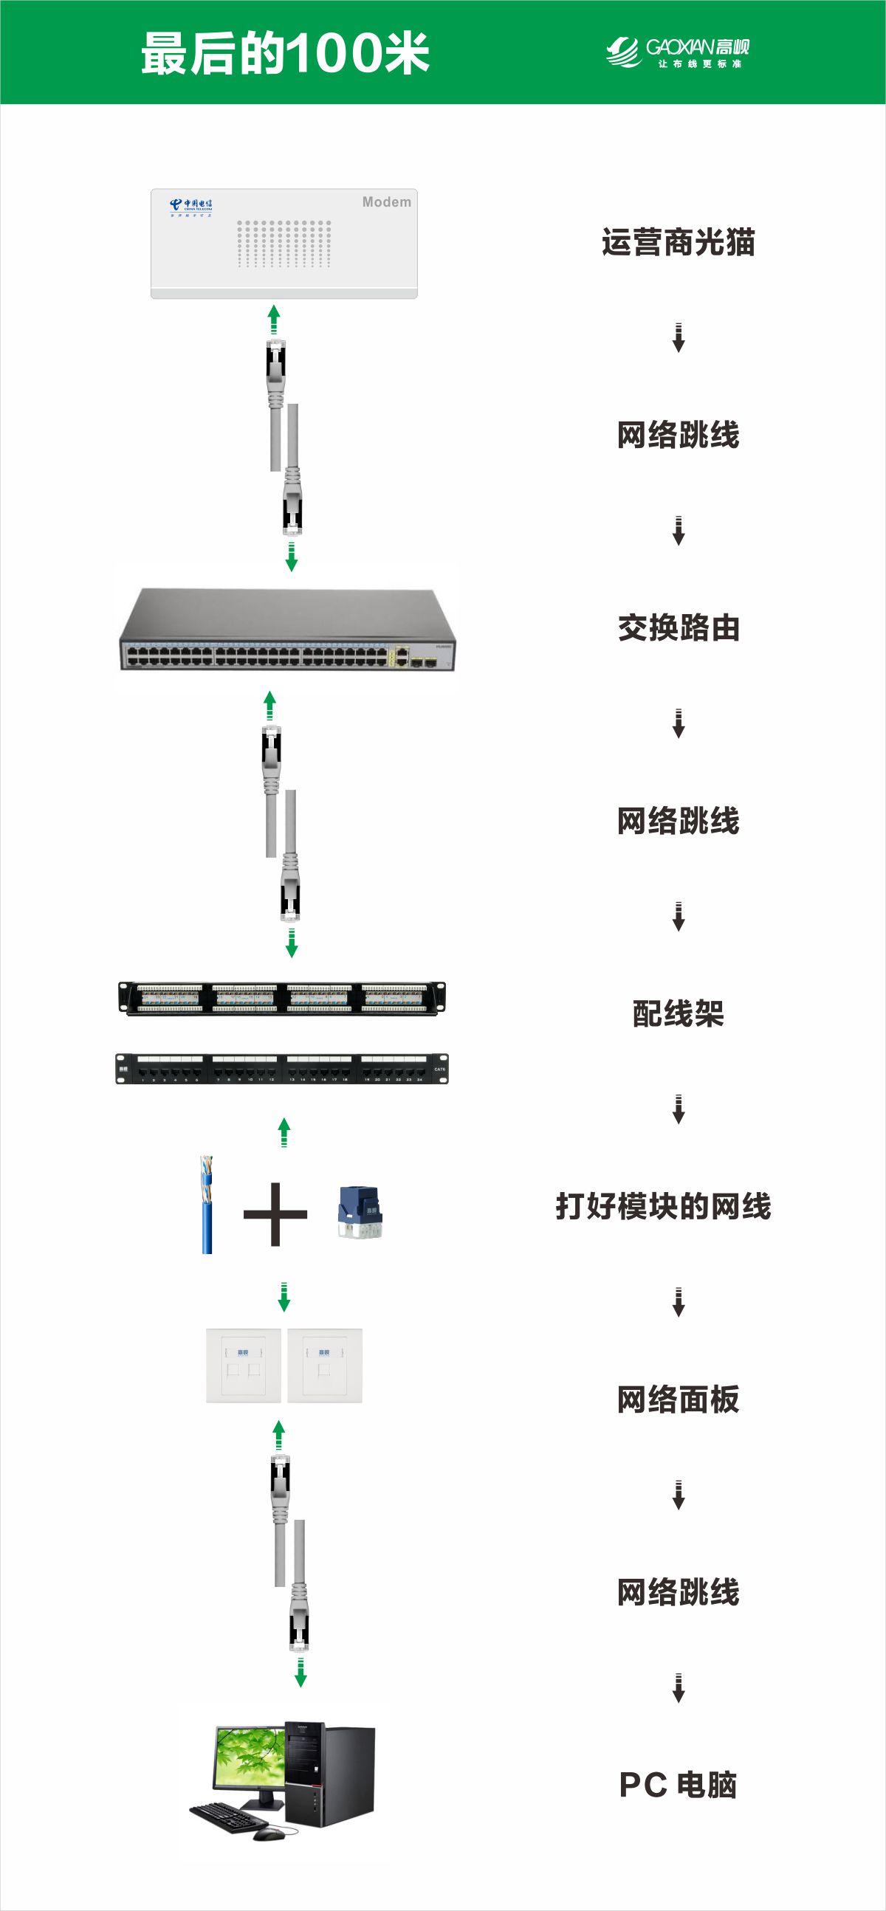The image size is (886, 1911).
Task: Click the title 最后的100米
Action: [285, 53]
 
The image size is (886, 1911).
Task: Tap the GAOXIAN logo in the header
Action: [677, 52]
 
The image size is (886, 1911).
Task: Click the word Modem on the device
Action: [386, 202]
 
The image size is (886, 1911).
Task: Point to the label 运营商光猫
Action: [678, 243]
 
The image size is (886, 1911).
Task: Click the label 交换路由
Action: [679, 627]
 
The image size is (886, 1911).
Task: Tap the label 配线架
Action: [678, 1013]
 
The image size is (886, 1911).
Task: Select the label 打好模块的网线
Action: [663, 1206]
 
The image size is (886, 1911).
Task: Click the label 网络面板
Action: [678, 1399]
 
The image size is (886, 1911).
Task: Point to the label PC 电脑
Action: [678, 1785]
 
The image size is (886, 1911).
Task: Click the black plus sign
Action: [275, 1213]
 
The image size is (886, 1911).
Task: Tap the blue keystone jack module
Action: [360, 1211]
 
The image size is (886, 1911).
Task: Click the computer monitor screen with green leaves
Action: [249, 1758]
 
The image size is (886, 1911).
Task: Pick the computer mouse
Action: [268, 1833]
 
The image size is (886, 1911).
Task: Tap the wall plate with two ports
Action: [244, 1365]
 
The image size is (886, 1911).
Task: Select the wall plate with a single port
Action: [324, 1365]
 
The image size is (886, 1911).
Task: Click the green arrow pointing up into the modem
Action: [274, 319]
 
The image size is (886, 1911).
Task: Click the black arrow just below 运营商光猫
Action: [678, 337]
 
